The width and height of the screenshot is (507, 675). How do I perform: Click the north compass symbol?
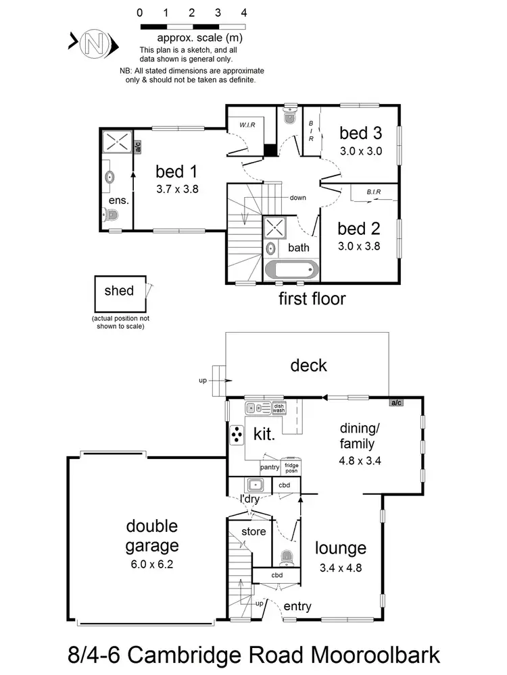94,45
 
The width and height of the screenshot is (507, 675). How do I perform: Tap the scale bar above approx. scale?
192,26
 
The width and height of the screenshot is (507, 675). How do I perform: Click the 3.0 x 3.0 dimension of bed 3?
360,151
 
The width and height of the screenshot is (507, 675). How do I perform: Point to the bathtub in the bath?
290,270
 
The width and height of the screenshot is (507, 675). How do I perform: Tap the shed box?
119,293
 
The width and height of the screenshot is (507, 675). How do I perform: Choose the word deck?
308,366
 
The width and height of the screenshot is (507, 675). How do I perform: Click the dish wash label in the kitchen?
279,408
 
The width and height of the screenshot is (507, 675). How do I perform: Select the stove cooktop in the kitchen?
238,437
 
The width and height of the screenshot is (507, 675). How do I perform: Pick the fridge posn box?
291,467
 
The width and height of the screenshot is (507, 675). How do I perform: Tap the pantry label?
270,467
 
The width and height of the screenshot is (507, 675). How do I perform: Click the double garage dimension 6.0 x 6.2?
151,566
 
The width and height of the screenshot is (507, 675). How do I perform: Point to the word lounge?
341,549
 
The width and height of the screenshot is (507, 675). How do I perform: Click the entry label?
297,607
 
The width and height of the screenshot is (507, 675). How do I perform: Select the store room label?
254,532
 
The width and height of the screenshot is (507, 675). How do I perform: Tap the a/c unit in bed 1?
138,147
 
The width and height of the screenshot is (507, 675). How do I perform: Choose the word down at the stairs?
297,198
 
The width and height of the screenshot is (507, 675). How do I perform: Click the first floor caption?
312,298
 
